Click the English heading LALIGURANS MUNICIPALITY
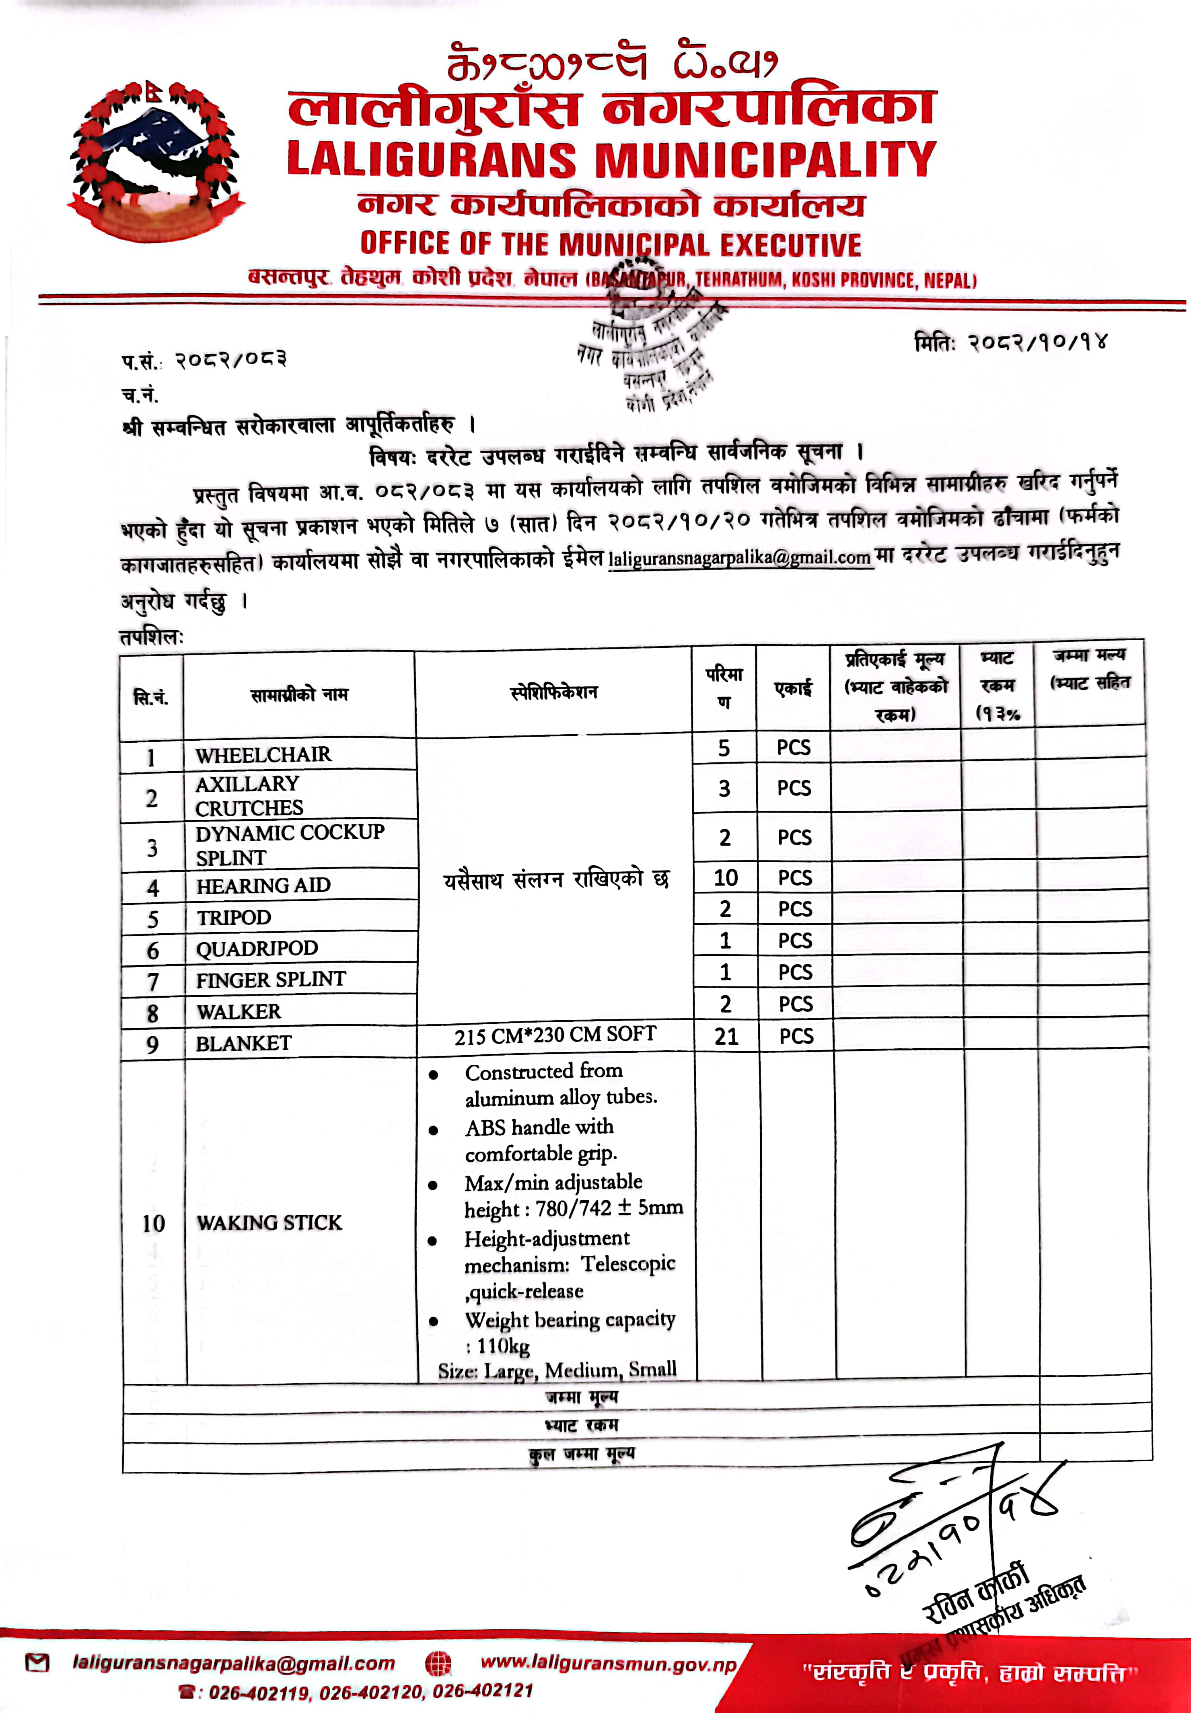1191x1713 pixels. coord(611,159)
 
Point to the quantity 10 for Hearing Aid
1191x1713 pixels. coord(725,877)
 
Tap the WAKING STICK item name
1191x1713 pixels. coord(269,1222)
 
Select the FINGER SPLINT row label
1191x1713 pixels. coord(270,980)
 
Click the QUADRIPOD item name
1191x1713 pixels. coord(257,948)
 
